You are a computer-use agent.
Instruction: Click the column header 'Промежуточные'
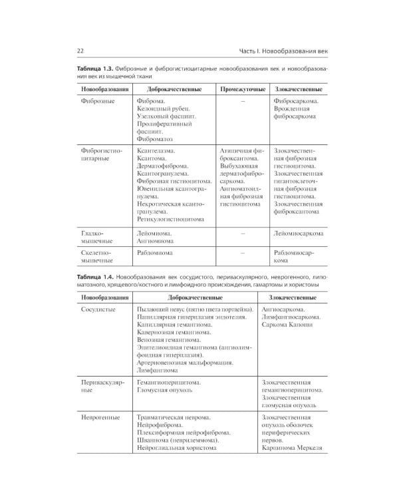[x=243, y=88]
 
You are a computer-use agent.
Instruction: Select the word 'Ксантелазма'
[x=158, y=151]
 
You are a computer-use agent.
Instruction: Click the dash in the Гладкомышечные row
[x=243, y=234]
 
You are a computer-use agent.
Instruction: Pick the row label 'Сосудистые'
[x=98, y=310]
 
